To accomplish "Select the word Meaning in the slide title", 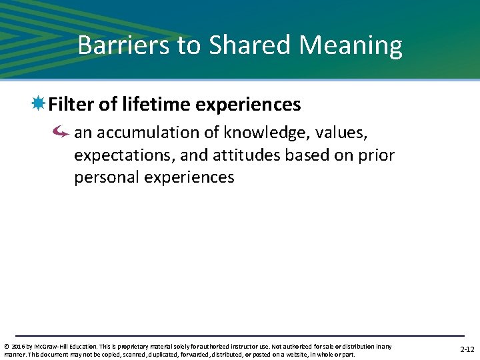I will click(351, 45).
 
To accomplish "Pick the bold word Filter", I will click(71, 105).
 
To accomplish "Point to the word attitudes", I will click(248, 155).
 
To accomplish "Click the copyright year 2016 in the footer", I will click(18, 346).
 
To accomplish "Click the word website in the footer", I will click(303, 354).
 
